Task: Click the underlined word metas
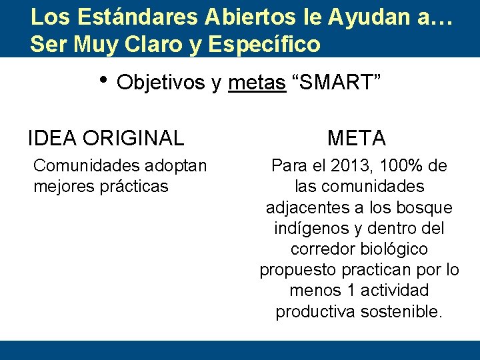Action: tap(257, 83)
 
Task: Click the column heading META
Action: tap(357, 138)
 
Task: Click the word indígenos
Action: tap(307, 228)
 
